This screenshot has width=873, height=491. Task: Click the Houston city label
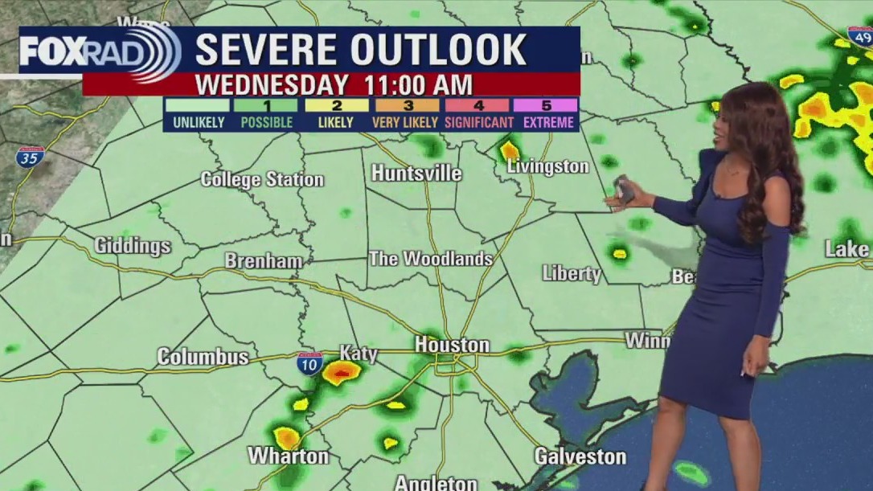pos(452,345)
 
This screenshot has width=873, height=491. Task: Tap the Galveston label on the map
pos(580,456)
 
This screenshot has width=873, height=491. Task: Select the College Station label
pos(262,179)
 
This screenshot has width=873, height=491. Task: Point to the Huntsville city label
pos(416,174)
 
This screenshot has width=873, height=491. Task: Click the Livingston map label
pos(547,166)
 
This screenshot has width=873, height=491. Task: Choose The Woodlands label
pos(430,259)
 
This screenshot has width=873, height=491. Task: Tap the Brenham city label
pos(263,261)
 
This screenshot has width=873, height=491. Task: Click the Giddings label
pos(133,246)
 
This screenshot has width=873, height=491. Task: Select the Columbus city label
pos(203,357)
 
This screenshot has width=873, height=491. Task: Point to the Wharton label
pos(288,456)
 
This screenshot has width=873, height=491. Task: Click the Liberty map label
pos(572,273)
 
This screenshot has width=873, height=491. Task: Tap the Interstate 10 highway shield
pos(309,362)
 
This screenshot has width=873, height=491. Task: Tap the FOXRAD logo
pos(99,51)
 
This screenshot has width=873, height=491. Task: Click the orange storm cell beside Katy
pos(342,371)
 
